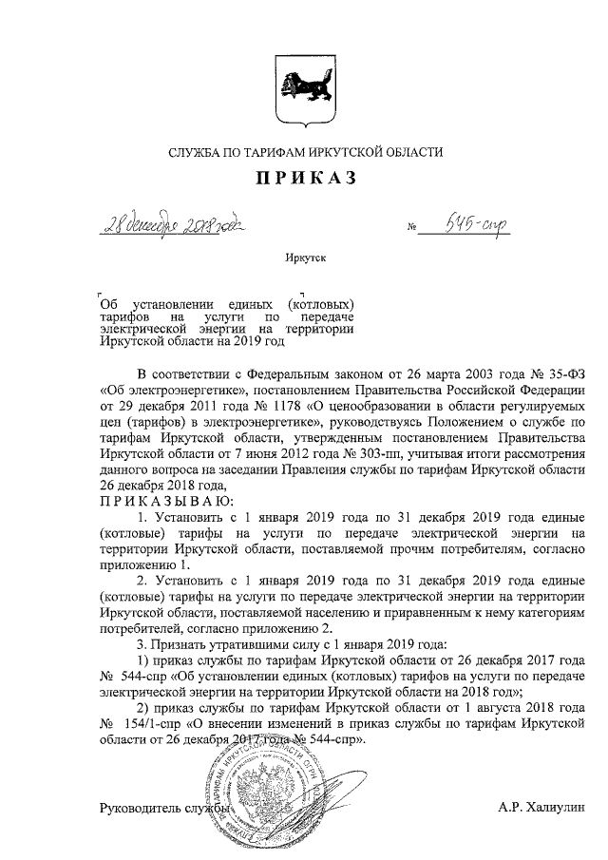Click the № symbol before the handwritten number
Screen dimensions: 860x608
coord(412,229)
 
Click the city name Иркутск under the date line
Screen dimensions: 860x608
coord(304,258)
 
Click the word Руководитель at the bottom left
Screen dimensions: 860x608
coord(141,809)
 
